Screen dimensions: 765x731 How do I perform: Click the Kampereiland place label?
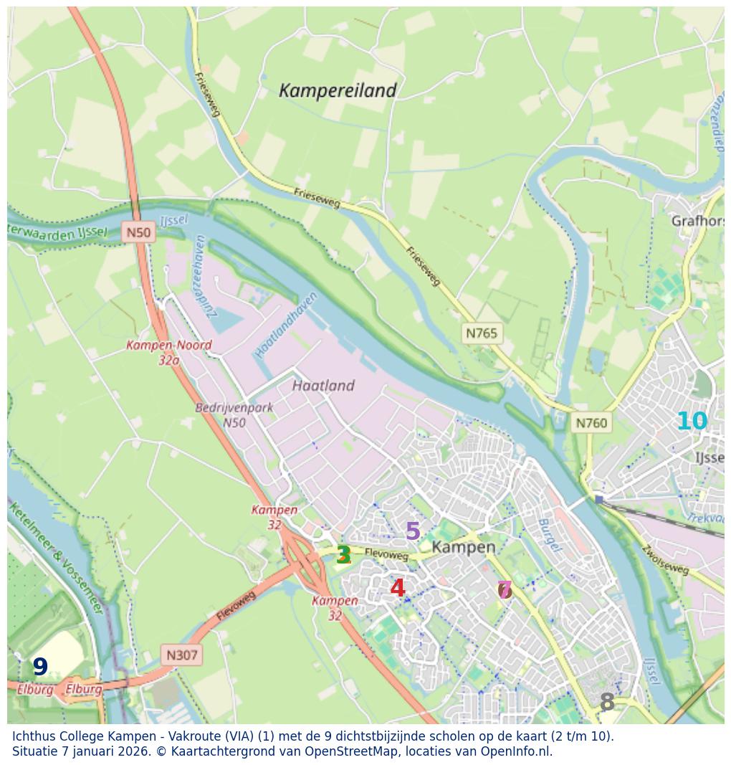pyautogui.click(x=337, y=91)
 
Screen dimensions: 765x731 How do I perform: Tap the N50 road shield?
pyautogui.click(x=138, y=232)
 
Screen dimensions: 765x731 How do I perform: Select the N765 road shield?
pyautogui.click(x=481, y=333)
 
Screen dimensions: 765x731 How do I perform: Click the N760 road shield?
pyautogui.click(x=591, y=423)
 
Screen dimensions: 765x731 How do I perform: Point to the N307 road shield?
pyautogui.click(x=181, y=655)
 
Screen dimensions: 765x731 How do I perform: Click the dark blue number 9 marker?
pyautogui.click(x=40, y=667)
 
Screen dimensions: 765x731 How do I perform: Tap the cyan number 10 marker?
pyautogui.click(x=692, y=422)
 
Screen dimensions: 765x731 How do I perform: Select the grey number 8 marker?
pyautogui.click(x=607, y=703)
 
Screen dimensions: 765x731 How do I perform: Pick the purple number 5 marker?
pyautogui.click(x=413, y=531)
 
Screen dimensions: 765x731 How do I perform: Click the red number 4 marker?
pyautogui.click(x=397, y=588)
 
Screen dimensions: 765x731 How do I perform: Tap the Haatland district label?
pyautogui.click(x=323, y=386)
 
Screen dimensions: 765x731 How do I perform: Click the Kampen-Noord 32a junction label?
pyautogui.click(x=169, y=352)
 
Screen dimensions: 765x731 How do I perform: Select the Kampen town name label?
pyautogui.click(x=464, y=547)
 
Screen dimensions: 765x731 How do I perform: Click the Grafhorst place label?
pyautogui.click(x=697, y=221)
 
